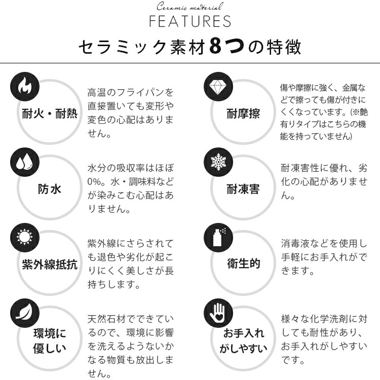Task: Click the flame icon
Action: [25, 86]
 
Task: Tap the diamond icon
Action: [218, 87]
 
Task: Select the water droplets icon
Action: [24, 162]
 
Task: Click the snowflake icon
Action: [218, 162]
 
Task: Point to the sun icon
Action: [24, 237]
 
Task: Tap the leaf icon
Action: [24, 312]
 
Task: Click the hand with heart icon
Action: [218, 313]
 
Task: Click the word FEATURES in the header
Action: [190, 21]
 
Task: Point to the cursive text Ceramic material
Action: [190, 6]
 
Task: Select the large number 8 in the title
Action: [215, 46]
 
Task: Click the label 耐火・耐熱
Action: [50, 113]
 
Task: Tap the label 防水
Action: [50, 189]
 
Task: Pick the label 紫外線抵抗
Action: [50, 264]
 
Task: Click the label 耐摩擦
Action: [243, 113]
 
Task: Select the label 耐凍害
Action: [243, 189]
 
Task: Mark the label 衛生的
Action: [244, 263]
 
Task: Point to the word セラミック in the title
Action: [123, 47]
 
